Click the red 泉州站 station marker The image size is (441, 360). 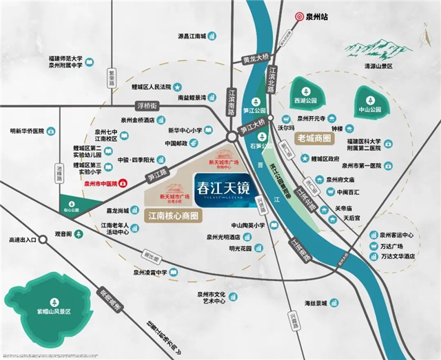(298, 16)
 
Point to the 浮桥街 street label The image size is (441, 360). (146, 106)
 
